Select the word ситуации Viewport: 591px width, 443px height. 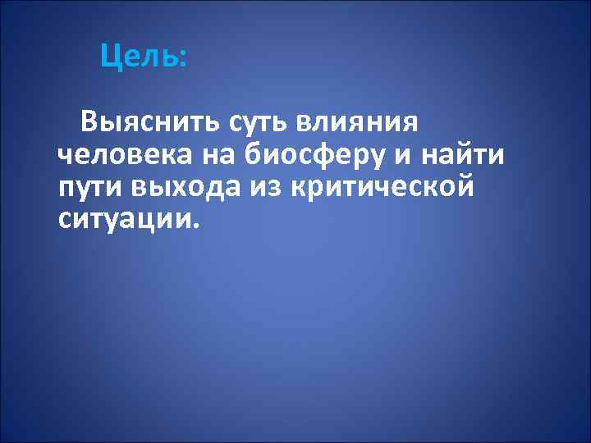click(x=123, y=217)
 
